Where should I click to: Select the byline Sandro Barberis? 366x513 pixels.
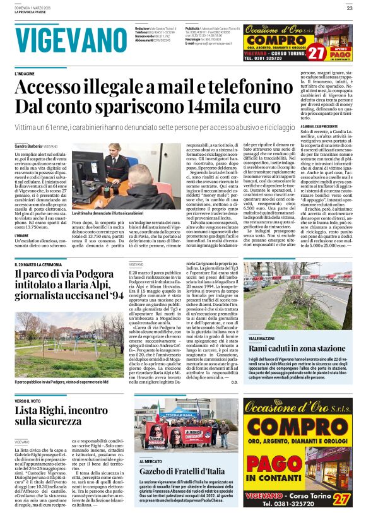[x=29, y=146]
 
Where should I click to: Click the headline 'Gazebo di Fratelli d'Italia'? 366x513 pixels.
[x=181, y=471]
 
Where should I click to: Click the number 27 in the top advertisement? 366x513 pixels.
[x=314, y=52]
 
